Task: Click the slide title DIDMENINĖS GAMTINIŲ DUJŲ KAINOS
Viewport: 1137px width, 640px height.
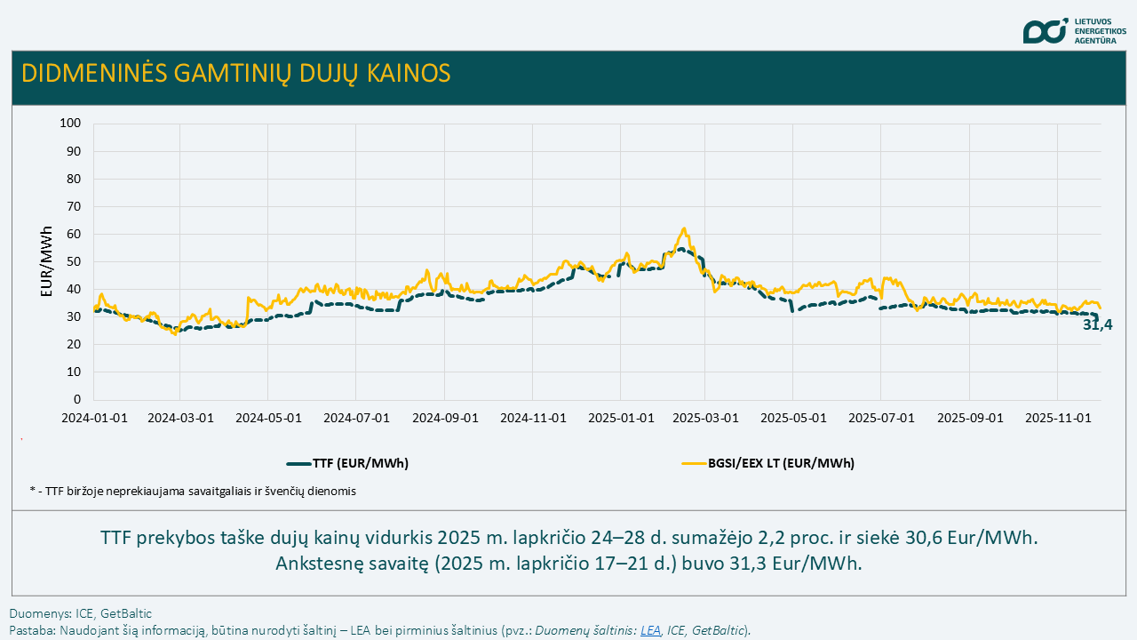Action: (x=235, y=73)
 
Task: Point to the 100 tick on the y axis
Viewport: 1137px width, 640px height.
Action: (x=69, y=124)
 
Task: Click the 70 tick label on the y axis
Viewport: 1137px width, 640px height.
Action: (x=73, y=206)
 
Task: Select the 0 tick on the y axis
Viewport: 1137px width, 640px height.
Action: (x=77, y=399)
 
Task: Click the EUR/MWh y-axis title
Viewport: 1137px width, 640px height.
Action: (x=47, y=262)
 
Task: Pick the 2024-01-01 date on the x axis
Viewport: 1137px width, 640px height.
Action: (x=93, y=417)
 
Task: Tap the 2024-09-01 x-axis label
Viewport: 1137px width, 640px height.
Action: (x=445, y=417)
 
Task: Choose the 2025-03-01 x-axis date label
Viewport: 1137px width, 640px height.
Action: (x=707, y=417)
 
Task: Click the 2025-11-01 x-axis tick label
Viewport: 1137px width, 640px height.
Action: (x=1058, y=417)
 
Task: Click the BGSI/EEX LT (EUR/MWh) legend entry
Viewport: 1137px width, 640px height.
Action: (x=767, y=463)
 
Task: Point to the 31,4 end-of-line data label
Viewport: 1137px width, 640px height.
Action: (x=1098, y=325)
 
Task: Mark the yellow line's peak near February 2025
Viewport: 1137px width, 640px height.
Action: (x=683, y=228)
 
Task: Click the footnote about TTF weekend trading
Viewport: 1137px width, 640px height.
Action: (x=193, y=491)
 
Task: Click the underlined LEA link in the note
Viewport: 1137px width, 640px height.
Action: (x=650, y=630)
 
